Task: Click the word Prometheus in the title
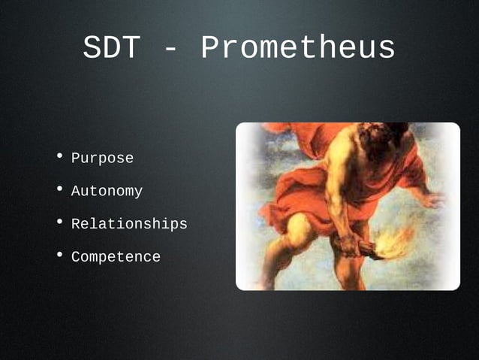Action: click(x=298, y=49)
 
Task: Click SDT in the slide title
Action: click(x=111, y=49)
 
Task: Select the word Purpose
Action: click(x=102, y=159)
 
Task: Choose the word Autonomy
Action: click(x=107, y=192)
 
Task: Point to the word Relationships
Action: click(x=129, y=224)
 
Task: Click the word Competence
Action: click(x=116, y=257)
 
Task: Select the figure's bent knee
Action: click(x=300, y=229)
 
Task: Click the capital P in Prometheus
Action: click(x=211, y=49)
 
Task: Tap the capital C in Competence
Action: click(x=76, y=257)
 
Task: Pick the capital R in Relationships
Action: click(x=76, y=224)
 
